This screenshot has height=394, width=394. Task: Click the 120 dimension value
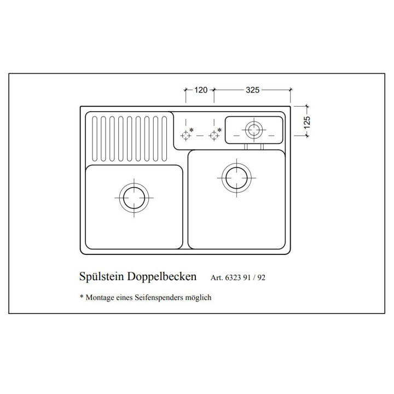coord(201,90)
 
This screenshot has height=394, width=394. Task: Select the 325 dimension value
coord(252,90)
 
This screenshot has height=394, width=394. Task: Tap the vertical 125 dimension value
coord(307,123)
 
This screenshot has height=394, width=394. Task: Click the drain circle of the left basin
coord(134,198)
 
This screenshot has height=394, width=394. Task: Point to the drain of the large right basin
coord(236,178)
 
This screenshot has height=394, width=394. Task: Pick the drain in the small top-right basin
coord(254,130)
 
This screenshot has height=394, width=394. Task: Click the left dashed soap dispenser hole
coord(186,136)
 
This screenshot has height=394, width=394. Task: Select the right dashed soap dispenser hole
coord(214,136)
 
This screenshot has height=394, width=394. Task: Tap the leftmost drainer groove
coord(95,138)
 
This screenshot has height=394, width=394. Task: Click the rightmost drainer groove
coord(164,138)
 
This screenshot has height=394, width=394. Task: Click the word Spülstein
coord(102,277)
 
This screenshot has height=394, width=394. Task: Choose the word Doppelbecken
coord(162,277)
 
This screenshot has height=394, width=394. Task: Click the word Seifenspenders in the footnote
coord(159,298)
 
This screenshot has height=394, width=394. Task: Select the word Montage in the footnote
coord(100,298)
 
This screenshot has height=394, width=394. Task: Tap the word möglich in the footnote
coord(198,298)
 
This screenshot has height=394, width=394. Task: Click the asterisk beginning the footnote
coord(82,297)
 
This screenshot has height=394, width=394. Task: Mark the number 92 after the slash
coord(262,277)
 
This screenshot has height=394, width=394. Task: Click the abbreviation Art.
coord(217,277)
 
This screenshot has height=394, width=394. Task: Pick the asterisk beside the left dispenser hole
coord(192,130)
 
